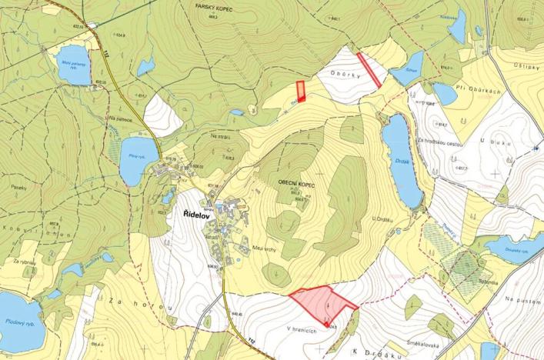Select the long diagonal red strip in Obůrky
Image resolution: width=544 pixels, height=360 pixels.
(x=369, y=69)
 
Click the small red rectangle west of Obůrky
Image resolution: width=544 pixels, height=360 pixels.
(x=301, y=92)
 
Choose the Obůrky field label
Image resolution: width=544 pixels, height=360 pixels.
(x=344, y=75)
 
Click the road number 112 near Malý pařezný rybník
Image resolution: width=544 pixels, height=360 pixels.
(x=105, y=52)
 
